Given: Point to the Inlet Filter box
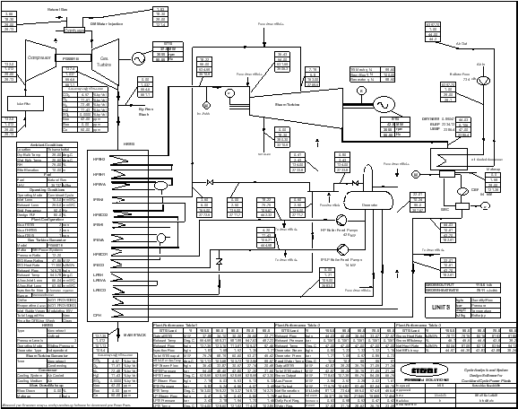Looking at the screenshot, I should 19,103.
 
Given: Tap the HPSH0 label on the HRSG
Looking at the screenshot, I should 125,159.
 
